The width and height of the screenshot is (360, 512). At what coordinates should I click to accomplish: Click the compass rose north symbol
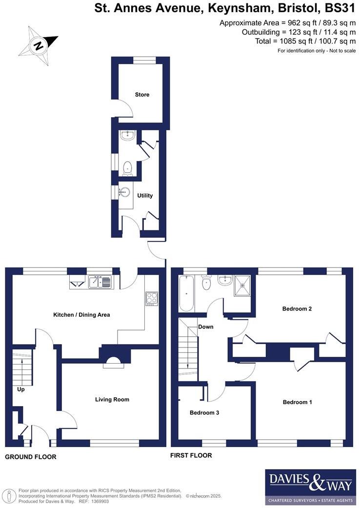pos(38,46)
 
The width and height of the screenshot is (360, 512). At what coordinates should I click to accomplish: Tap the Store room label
pos(142,95)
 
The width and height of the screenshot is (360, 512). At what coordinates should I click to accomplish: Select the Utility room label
pos(145,196)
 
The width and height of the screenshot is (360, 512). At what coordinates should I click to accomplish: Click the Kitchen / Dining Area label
pos(81,315)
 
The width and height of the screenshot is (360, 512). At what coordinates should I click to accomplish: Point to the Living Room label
pos(112,399)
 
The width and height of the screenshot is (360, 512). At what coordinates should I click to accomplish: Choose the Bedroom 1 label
pos(297,402)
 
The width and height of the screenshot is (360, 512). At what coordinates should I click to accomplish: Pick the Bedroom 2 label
pos(297,308)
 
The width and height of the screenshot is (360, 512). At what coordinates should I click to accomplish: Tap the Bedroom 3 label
pos(204,412)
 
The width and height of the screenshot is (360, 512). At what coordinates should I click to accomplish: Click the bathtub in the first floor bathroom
pos(186,293)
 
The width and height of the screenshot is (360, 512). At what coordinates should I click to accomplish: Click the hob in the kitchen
pos(152,298)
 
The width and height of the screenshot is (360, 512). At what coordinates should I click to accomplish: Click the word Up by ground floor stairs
pos(20,389)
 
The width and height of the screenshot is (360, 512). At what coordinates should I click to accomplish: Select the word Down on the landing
pos(205,327)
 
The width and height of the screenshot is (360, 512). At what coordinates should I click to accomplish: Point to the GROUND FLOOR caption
pos(31,457)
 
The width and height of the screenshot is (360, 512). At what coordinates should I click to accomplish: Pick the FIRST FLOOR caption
pos(191,455)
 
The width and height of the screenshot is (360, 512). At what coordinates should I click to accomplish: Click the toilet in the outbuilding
pos(127,167)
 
